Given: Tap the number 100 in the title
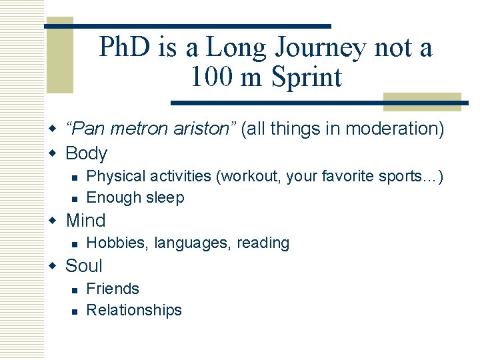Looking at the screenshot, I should tap(210, 77).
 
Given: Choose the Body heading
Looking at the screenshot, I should tap(86, 153).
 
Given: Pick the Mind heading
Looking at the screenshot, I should tap(85, 221).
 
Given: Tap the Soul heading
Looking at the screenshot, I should tap(83, 266).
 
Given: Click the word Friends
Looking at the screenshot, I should tap(113, 289).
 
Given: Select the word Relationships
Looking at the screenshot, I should tap(134, 310).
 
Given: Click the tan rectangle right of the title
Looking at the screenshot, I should tap(422, 101).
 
